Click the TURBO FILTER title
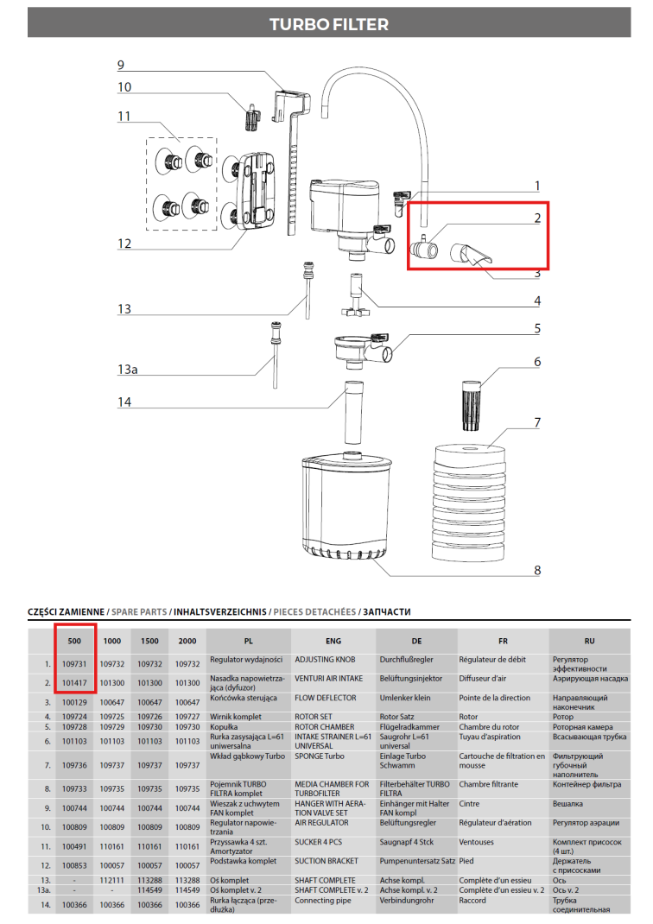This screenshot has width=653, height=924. tap(328, 24)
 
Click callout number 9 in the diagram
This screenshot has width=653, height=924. tap(121, 65)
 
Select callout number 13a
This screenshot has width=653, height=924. tap(127, 370)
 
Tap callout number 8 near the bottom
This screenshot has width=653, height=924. tap(536, 570)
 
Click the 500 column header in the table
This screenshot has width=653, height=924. tap(74, 642)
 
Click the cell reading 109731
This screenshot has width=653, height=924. tap(74, 663)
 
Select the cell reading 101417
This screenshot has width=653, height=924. tap(74, 682)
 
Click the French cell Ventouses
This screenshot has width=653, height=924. tap(479, 841)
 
